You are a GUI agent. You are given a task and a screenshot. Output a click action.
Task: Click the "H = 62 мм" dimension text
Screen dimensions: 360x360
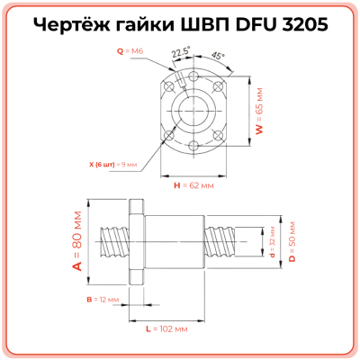(193, 185)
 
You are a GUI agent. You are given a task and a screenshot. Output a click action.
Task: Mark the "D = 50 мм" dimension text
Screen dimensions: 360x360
(292, 241)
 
